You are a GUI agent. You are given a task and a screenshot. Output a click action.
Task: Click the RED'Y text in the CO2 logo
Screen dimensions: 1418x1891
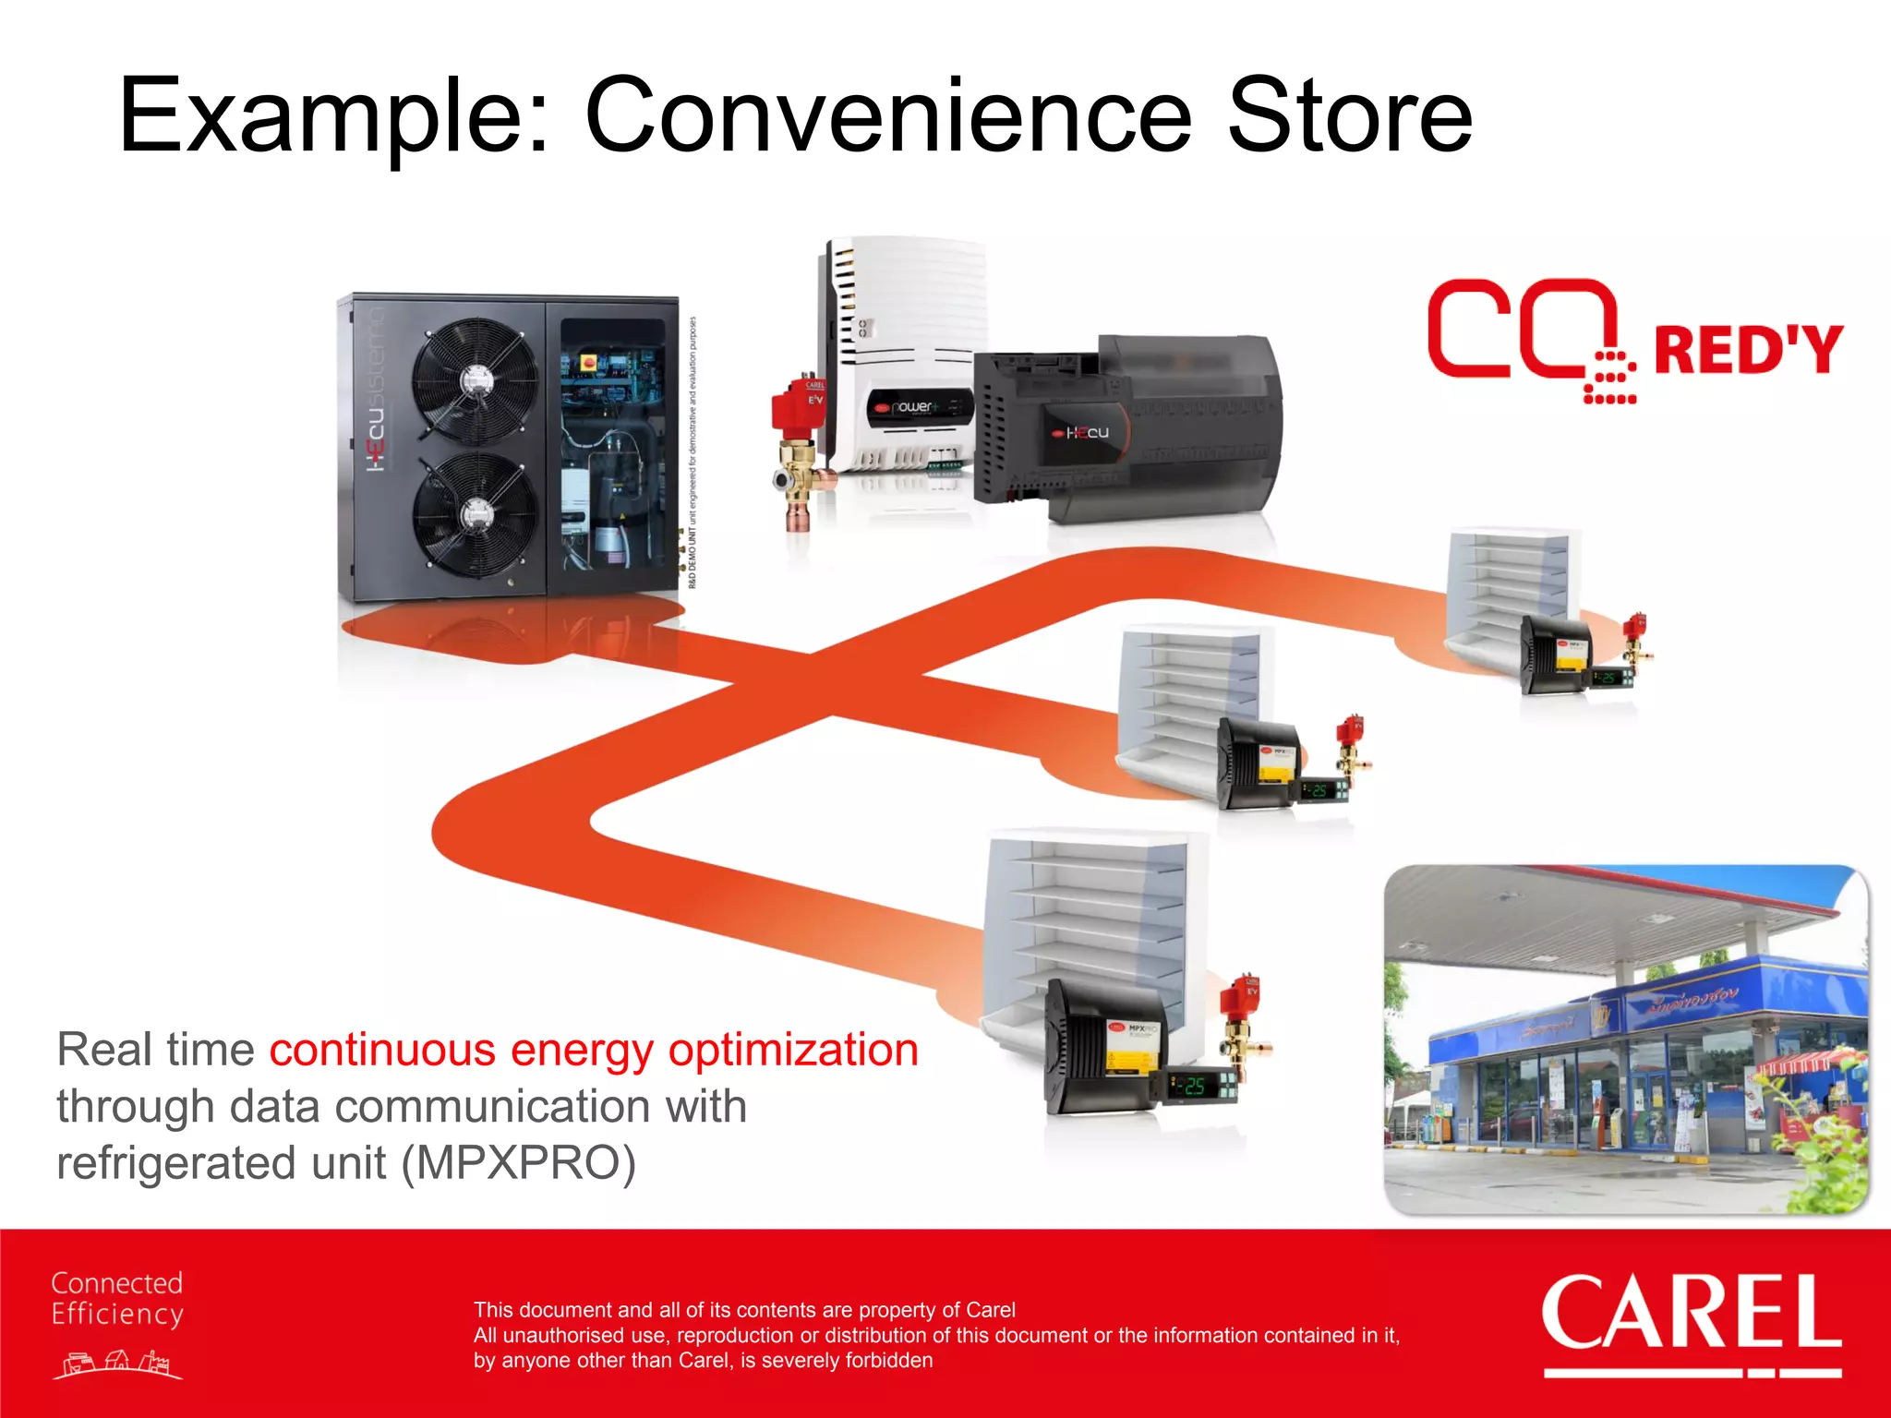pos(1748,350)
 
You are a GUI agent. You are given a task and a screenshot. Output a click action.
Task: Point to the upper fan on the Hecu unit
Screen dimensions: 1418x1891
pos(476,379)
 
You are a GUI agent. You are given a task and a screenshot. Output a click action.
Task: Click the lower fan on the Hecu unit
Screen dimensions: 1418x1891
pos(476,513)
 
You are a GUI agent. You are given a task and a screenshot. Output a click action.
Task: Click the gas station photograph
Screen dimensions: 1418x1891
pos(1626,1039)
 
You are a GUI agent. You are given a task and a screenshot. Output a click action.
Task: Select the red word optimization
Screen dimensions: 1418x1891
pos(793,1051)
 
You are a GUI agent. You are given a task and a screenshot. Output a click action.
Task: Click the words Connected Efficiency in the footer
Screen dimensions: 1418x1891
pos(117,1298)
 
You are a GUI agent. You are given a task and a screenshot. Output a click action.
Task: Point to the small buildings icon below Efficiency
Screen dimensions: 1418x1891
pos(117,1364)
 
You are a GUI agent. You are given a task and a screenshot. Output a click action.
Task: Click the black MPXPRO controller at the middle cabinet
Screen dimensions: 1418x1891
pos(1259,761)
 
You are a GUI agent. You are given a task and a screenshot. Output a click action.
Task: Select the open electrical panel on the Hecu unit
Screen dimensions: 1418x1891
pos(612,443)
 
